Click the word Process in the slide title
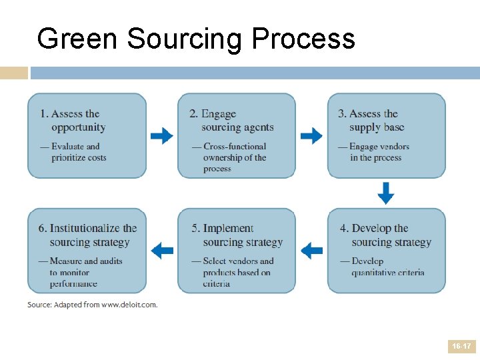coord(303,39)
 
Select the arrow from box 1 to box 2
coord(161,137)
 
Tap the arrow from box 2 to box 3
coord(311,137)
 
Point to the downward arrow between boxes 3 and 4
coord(386,193)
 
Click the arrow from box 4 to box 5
coord(311,251)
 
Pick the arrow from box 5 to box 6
coord(161,251)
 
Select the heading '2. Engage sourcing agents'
coord(231,121)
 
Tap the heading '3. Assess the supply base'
coord(374,121)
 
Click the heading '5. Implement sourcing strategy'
coord(237,235)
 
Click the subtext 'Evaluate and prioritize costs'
coord(78,152)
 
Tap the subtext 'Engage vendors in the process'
coord(378,152)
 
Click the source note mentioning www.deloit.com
coord(93,305)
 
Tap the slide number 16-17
coord(461,347)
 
